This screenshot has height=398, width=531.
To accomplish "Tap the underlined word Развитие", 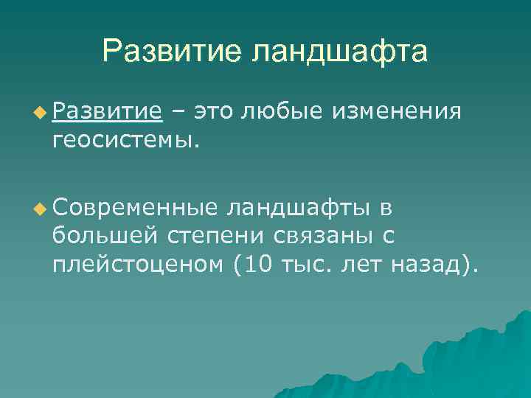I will coord(107,111).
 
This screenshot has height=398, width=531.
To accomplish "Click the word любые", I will coord(283,111).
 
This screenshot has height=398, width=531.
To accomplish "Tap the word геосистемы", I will coord(125,139).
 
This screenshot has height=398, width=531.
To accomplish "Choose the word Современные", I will coord(135,209).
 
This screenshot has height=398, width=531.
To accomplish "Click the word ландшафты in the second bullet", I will coord(300,209).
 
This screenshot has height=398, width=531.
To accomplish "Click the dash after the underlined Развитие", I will coord(177,111).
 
